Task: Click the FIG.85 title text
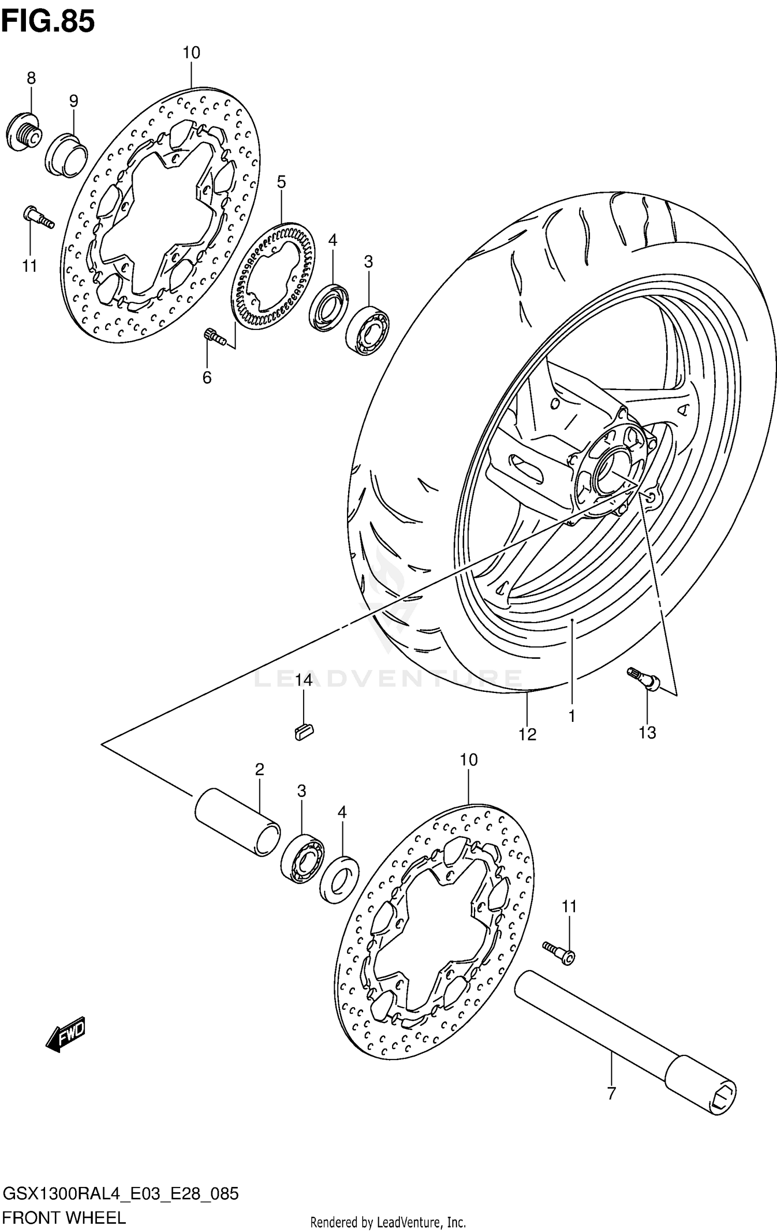pyautogui.click(x=48, y=22)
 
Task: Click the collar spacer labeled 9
pyautogui.click(x=66, y=155)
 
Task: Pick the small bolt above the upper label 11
pyautogui.click(x=38, y=217)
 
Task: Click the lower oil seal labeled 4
pyautogui.click(x=340, y=879)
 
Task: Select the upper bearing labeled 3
pyautogui.click(x=368, y=330)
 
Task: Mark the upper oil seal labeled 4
pyautogui.click(x=328, y=307)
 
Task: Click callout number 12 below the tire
pyautogui.click(x=528, y=733)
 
